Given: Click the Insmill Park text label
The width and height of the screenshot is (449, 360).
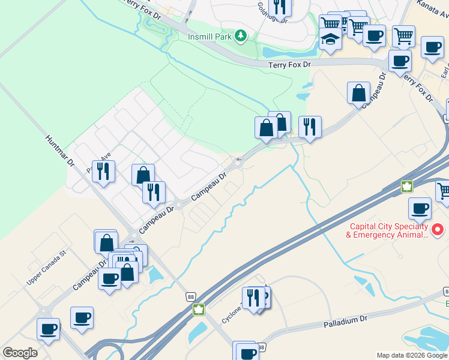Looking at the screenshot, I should (x=209, y=37).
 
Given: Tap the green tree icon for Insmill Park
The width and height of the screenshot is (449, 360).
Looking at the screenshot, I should (x=240, y=36).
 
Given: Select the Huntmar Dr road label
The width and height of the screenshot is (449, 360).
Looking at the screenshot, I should (x=59, y=150).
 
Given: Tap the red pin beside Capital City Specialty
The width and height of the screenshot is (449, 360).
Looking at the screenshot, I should (x=438, y=229).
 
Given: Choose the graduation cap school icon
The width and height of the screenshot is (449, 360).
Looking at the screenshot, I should (x=330, y=39).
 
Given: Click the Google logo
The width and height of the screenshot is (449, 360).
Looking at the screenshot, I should (x=20, y=352).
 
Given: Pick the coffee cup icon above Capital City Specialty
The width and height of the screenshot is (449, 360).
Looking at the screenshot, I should (x=420, y=208).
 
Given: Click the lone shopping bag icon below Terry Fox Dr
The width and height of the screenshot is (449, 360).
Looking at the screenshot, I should (x=358, y=94).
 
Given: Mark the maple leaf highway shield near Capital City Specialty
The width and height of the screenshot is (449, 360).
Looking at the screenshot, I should (x=408, y=186).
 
